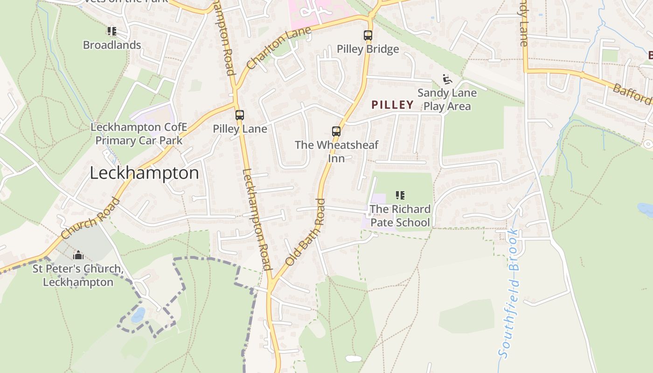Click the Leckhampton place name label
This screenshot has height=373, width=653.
click(144, 173)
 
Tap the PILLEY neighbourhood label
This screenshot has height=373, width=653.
click(392, 105)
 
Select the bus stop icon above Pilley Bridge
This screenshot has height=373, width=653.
click(368, 35)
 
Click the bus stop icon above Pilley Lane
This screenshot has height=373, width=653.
click(240, 115)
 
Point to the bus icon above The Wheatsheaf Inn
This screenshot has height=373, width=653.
click(336, 131)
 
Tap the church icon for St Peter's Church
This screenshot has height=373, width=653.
click(78, 255)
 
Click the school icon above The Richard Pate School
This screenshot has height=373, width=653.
click(400, 195)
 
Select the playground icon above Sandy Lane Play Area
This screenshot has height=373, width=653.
click(447, 79)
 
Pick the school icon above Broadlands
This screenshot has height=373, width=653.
click(111, 32)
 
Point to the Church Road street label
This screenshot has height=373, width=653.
click(90, 219)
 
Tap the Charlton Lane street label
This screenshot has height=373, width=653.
click(278, 48)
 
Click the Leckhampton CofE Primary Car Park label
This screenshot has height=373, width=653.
click(139, 134)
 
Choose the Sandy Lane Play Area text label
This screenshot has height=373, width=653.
click(447, 99)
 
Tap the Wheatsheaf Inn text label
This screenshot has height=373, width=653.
click(336, 152)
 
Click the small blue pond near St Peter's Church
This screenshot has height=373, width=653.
click(138, 315)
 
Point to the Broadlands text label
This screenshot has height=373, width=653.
click(112, 45)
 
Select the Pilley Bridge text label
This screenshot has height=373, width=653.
click(368, 49)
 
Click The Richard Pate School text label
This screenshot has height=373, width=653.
click(400, 215)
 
